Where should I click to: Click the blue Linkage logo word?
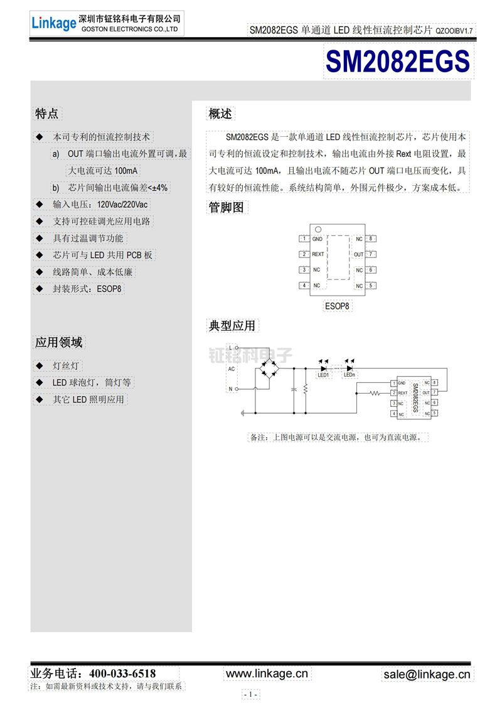pyautogui.click(x=53, y=23)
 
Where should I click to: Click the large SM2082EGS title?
pyautogui.click(x=398, y=62)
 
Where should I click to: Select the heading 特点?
pyautogui.click(x=47, y=114)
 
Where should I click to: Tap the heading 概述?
pyautogui.click(x=220, y=114)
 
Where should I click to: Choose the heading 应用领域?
pyautogui.click(x=58, y=343)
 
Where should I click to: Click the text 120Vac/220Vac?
pyautogui.click(x=123, y=205)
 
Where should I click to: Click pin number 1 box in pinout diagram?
pyautogui.click(x=304, y=239)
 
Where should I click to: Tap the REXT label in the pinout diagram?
pyautogui.click(x=318, y=254)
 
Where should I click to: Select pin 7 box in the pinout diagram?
pyautogui.click(x=371, y=254)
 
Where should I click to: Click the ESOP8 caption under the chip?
pyautogui.click(x=337, y=306)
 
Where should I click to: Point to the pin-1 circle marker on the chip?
pyautogui.click(x=318, y=229)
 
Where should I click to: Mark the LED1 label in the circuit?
pyautogui.click(x=324, y=375)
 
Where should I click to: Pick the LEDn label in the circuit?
pyautogui.click(x=350, y=375)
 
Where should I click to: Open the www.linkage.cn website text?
pyautogui.click(x=267, y=674)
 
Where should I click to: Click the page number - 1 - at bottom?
pyautogui.click(x=250, y=694)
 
